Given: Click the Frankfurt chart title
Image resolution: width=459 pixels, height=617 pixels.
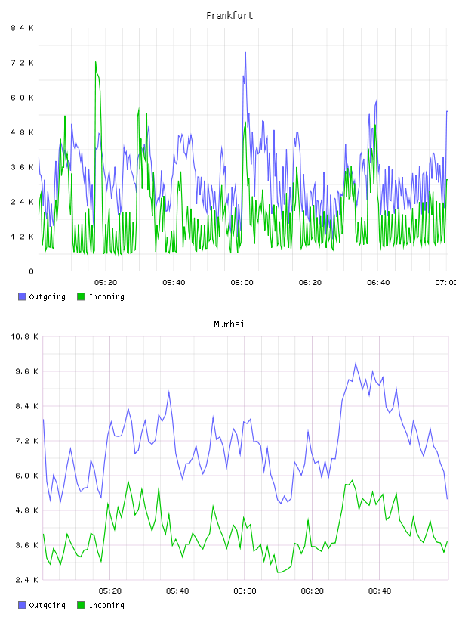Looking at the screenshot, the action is [229, 16].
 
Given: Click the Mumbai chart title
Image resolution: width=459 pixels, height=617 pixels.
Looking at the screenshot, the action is [229, 324].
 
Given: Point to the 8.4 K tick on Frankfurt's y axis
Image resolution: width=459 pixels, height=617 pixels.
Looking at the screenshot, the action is [23, 28].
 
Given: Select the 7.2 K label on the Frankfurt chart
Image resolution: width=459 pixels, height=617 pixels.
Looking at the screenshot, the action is [23, 63].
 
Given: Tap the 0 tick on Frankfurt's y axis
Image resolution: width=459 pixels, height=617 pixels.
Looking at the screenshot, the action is [31, 271].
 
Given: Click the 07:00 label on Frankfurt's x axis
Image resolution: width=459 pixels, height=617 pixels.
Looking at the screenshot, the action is [445, 283].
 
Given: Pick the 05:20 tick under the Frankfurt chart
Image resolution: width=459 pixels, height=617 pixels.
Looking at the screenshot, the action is [106, 283].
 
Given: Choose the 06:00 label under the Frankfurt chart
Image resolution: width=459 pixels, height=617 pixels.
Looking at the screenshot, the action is [242, 283].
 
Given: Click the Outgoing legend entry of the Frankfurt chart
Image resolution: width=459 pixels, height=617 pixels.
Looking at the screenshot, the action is [42, 296].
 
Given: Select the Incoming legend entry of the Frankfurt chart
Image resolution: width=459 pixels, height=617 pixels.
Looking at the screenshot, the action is [100, 296].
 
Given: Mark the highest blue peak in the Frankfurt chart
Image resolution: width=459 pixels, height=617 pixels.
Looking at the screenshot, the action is [245, 52].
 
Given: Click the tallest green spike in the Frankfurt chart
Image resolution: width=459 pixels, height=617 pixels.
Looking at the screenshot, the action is [95, 62].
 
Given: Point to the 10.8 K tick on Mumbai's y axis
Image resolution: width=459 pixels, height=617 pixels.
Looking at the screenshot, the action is [24, 336].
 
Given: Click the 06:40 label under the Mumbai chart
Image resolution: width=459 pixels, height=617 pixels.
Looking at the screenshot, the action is [380, 591].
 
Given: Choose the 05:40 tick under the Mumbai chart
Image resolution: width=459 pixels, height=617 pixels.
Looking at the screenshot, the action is [177, 591].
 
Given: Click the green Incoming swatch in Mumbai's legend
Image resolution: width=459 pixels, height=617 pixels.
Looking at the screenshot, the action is [81, 605].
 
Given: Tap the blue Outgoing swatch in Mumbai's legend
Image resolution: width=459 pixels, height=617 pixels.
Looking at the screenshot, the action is [22, 605].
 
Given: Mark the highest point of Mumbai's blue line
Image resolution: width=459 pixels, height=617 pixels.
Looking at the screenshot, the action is [356, 363].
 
